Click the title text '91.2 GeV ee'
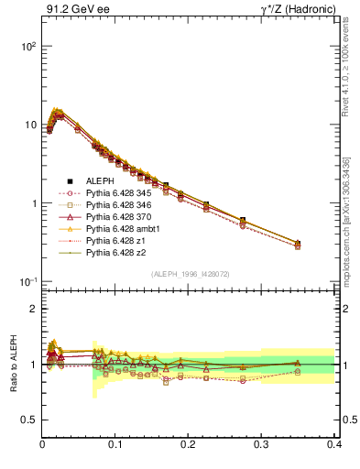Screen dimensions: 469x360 pos(71,10)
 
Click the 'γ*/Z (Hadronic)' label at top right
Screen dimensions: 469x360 pos(298,10)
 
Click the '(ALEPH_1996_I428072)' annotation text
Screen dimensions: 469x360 pos(190,274)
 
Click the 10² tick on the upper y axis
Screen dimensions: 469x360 pos(28,46)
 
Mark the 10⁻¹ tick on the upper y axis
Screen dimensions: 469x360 pos(28,281)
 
